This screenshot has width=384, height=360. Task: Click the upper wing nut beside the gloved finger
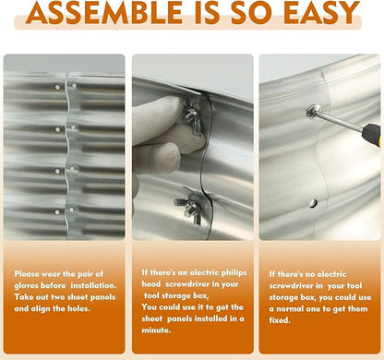point(191,118)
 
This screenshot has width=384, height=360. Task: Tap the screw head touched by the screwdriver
point(313,111)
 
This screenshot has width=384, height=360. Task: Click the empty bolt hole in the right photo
point(313,203)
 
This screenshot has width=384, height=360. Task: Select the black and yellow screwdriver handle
point(372,135)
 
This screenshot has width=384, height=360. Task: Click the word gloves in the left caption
point(27,285)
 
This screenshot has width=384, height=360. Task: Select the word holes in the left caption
point(78,308)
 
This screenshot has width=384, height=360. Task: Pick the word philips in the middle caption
point(234,273)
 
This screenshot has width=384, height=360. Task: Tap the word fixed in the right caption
point(280,320)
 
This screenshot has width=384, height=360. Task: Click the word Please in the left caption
point(27,274)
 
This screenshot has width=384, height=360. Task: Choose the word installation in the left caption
point(93,285)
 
